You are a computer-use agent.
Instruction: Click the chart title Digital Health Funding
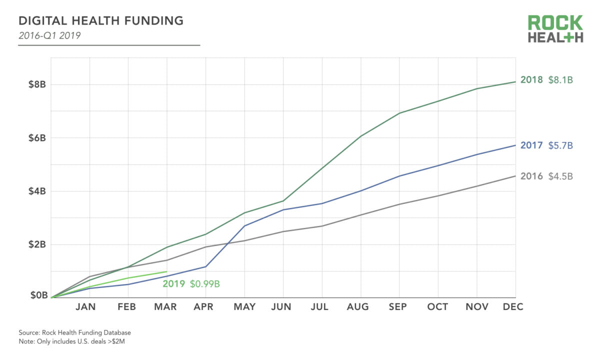click(x=100, y=21)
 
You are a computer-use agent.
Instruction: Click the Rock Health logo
click(x=555, y=29)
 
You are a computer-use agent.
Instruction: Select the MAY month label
click(x=244, y=307)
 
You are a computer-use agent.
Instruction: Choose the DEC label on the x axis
click(x=513, y=307)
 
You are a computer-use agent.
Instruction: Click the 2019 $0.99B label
click(x=191, y=284)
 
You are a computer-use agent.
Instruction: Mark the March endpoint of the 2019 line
click(x=166, y=271)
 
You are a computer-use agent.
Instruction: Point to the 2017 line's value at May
click(x=244, y=225)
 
